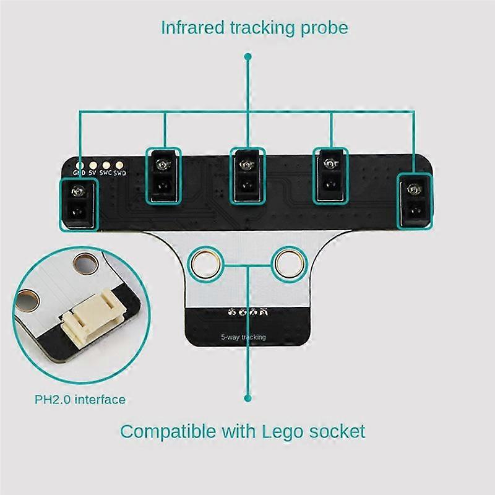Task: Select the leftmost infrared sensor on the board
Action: [78, 202]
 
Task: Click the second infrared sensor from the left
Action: [164, 175]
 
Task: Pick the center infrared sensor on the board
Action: [247, 175]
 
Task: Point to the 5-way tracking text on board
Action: [243, 337]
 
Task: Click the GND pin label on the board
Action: [79, 173]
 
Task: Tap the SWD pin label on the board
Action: [119, 173]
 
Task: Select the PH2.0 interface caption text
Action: [80, 400]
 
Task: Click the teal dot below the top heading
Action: [248, 56]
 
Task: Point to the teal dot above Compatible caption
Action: [248, 399]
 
